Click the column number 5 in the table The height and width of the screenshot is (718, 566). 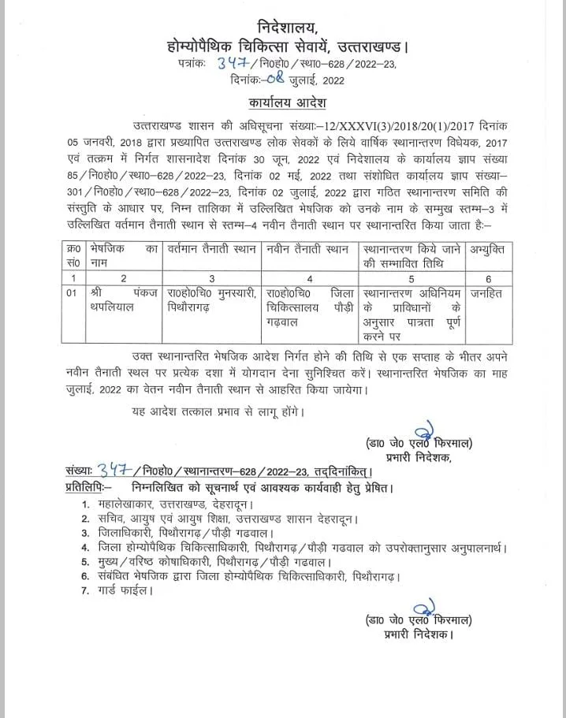point(411,277)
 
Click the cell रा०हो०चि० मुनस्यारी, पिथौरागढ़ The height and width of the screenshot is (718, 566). point(212,299)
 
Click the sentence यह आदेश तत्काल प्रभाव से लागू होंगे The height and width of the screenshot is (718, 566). point(218,411)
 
